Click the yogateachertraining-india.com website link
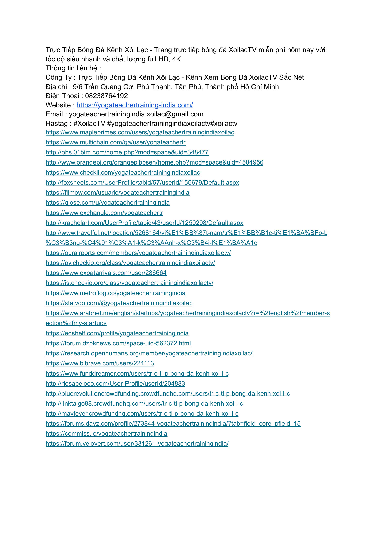tap(135, 105)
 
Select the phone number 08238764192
tap(106, 96)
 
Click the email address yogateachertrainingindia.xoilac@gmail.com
tap(136, 114)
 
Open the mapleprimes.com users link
tap(140, 132)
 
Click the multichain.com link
tap(115, 142)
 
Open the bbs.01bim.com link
tap(127, 152)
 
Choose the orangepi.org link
tap(154, 162)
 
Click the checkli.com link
tap(123, 173)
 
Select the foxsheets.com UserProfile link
tap(142, 183)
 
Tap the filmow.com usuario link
tap(117, 193)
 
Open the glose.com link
tap(108, 203)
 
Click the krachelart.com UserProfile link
tap(144, 223)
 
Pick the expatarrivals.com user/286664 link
tap(106, 273)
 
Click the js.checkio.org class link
tap(129, 283)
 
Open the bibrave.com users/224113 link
tap(100, 363)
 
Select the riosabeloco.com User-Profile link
tap(115, 384)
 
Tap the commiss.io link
tap(106, 434)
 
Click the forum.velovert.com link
tap(137, 444)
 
